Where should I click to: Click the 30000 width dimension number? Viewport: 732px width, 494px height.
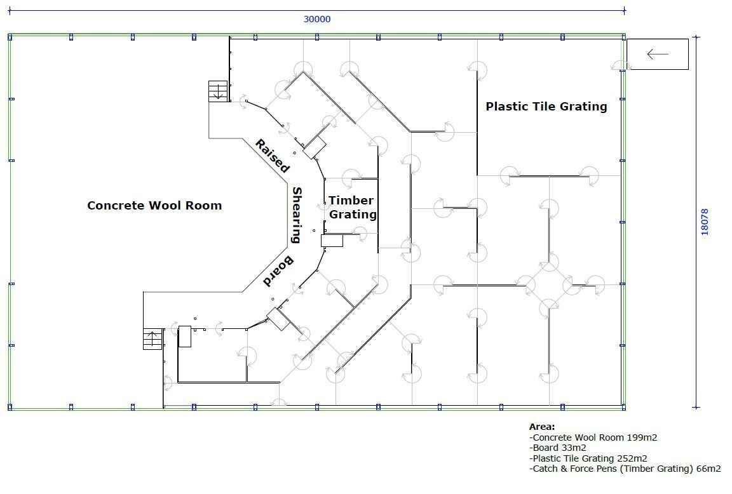pyautogui.click(x=317, y=19)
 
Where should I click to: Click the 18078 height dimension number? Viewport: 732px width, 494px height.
pyautogui.click(x=705, y=222)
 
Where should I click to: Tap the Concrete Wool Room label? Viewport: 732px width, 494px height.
pyautogui.click(x=154, y=205)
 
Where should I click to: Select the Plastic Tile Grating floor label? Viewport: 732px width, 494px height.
pyautogui.click(x=546, y=107)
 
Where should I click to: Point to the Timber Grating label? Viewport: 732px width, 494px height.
pyautogui.click(x=353, y=207)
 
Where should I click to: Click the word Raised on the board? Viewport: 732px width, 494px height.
pyautogui.click(x=272, y=156)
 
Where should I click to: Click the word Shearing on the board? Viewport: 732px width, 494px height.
pyautogui.click(x=297, y=215)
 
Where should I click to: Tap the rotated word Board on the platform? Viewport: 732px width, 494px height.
pyautogui.click(x=279, y=272)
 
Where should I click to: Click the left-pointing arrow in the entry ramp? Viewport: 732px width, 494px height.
pyautogui.click(x=657, y=54)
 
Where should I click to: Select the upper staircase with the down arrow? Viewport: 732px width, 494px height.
pyautogui.click(x=218, y=91)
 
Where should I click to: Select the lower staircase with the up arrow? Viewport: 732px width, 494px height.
pyautogui.click(x=152, y=338)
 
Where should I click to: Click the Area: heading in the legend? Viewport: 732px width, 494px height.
pyautogui.click(x=542, y=426)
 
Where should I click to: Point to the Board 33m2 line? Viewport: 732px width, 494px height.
pyautogui.click(x=557, y=448)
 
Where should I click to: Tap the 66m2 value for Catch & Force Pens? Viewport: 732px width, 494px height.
pyautogui.click(x=708, y=469)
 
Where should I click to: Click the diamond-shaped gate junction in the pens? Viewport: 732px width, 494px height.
pyautogui.click(x=549, y=284)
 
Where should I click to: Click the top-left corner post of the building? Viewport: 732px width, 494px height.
pyautogui.click(x=10, y=37)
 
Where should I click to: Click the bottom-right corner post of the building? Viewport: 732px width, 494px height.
pyautogui.click(x=623, y=407)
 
